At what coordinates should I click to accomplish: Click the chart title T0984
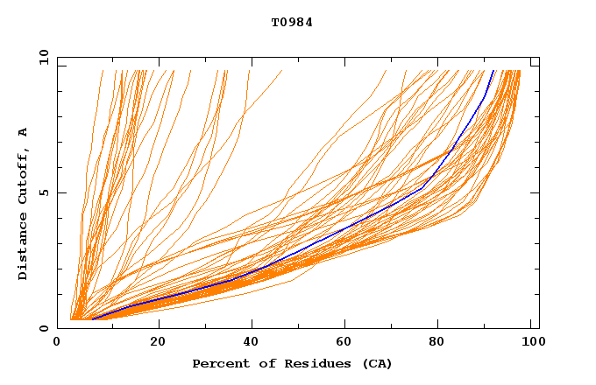coord(292,23)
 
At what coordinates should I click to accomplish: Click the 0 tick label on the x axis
coord(58,341)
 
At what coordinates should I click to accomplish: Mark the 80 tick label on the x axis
coord(437,341)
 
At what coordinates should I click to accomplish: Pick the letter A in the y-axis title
coord(24,131)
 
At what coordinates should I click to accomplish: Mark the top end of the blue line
coord(493,70)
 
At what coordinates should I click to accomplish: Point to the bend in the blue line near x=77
coord(423,187)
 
